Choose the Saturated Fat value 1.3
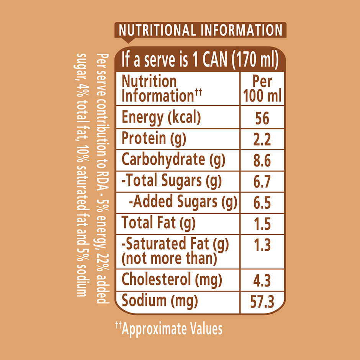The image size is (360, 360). click(262, 244)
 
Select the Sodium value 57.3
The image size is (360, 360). click(262, 303)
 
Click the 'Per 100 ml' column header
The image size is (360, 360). click(262, 89)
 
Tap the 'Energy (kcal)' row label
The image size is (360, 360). click(161, 118)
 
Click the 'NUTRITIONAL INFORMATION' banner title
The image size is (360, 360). click(201, 30)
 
